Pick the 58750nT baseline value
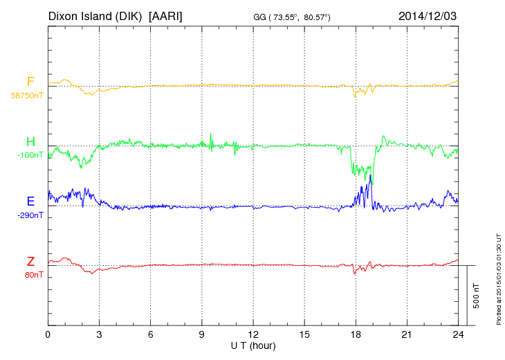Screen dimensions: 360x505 (x=26, y=95)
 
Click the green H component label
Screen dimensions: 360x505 (x=30, y=142)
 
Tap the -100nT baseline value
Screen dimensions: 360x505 (x=30, y=155)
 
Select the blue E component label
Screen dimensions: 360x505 (x=30, y=201)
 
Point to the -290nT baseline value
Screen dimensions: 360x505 (x=30, y=215)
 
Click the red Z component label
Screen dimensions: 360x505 (x=30, y=262)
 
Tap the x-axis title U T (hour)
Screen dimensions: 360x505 (x=253, y=345)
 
